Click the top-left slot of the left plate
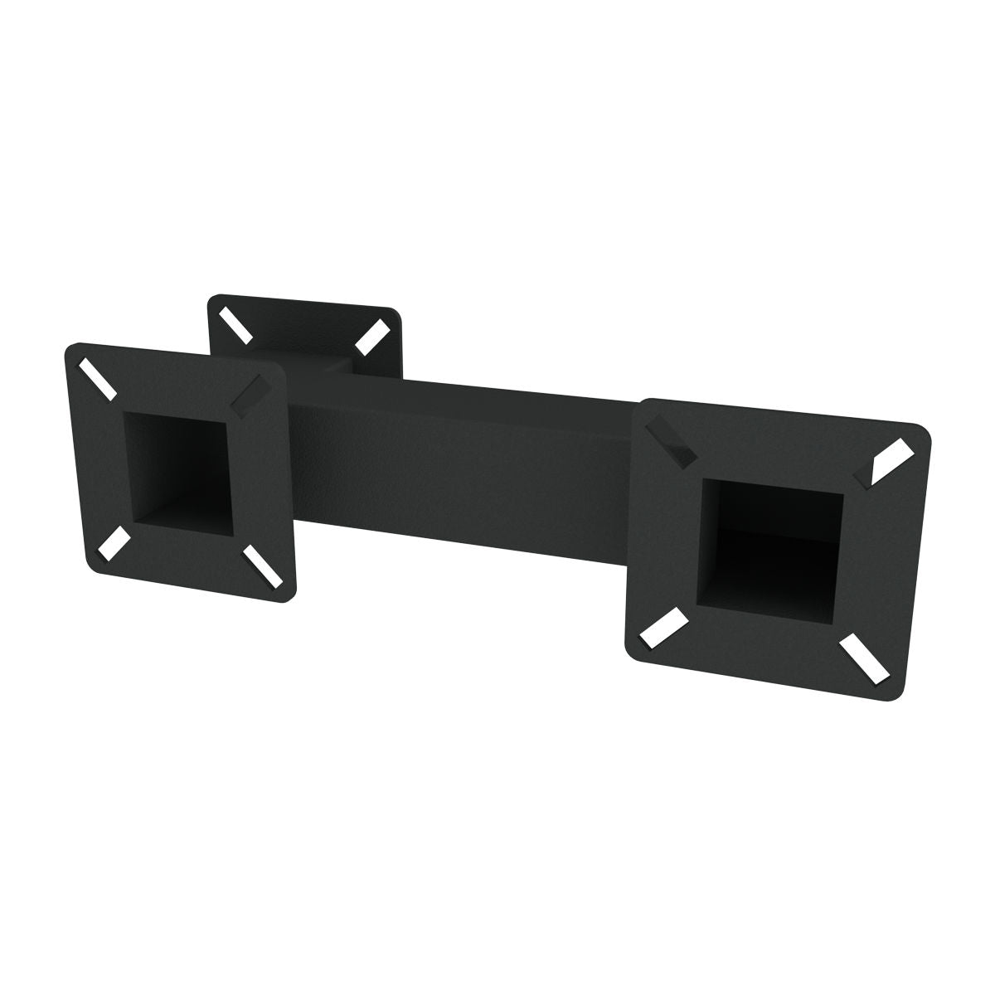pyautogui.click(x=99, y=376)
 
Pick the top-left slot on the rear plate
pyautogui.click(x=235, y=326)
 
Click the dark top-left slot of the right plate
pyautogui.click(x=673, y=440)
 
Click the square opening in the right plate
pyautogui.click(x=771, y=543)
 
